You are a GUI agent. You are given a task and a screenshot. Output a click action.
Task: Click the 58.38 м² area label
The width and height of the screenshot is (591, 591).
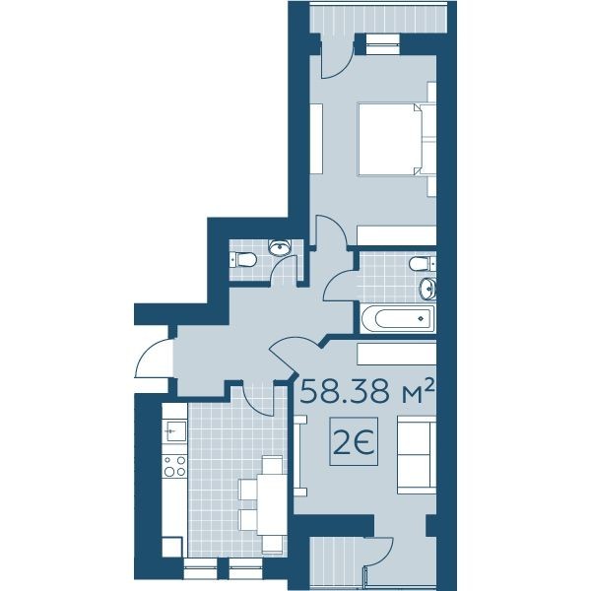[367, 392]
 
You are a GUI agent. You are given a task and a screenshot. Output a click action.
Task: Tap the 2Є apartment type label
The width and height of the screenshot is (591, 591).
[354, 442]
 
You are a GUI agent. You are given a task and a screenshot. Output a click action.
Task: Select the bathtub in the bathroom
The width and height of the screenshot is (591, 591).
[398, 319]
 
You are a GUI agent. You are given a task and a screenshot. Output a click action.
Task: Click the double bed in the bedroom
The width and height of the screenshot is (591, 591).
[397, 139]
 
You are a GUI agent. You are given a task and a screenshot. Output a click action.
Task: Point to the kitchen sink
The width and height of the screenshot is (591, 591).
[175, 431]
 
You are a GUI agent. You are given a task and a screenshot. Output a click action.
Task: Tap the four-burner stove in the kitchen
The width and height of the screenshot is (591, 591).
[175, 466]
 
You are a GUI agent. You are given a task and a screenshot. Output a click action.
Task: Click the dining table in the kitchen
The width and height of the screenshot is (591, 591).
[272, 504]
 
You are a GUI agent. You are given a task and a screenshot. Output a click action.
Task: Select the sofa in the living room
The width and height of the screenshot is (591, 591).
[417, 455]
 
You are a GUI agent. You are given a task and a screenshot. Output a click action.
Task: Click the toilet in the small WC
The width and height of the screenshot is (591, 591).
[243, 260]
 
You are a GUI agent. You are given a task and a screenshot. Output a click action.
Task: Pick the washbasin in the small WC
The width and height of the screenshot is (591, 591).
[280, 247]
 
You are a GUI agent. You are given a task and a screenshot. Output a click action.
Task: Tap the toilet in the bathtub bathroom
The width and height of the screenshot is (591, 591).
[423, 263]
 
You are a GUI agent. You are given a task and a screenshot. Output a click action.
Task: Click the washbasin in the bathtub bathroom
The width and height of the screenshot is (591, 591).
[427, 289]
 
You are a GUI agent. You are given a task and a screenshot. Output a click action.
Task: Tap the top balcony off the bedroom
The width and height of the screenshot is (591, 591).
[378, 18]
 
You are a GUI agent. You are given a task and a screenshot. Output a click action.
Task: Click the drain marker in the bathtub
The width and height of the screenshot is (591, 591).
[421, 319]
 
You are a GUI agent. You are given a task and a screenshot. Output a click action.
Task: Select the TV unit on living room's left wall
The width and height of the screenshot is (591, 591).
[300, 456]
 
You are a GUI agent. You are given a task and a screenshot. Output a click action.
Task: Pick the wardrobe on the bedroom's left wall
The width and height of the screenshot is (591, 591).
[316, 138]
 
